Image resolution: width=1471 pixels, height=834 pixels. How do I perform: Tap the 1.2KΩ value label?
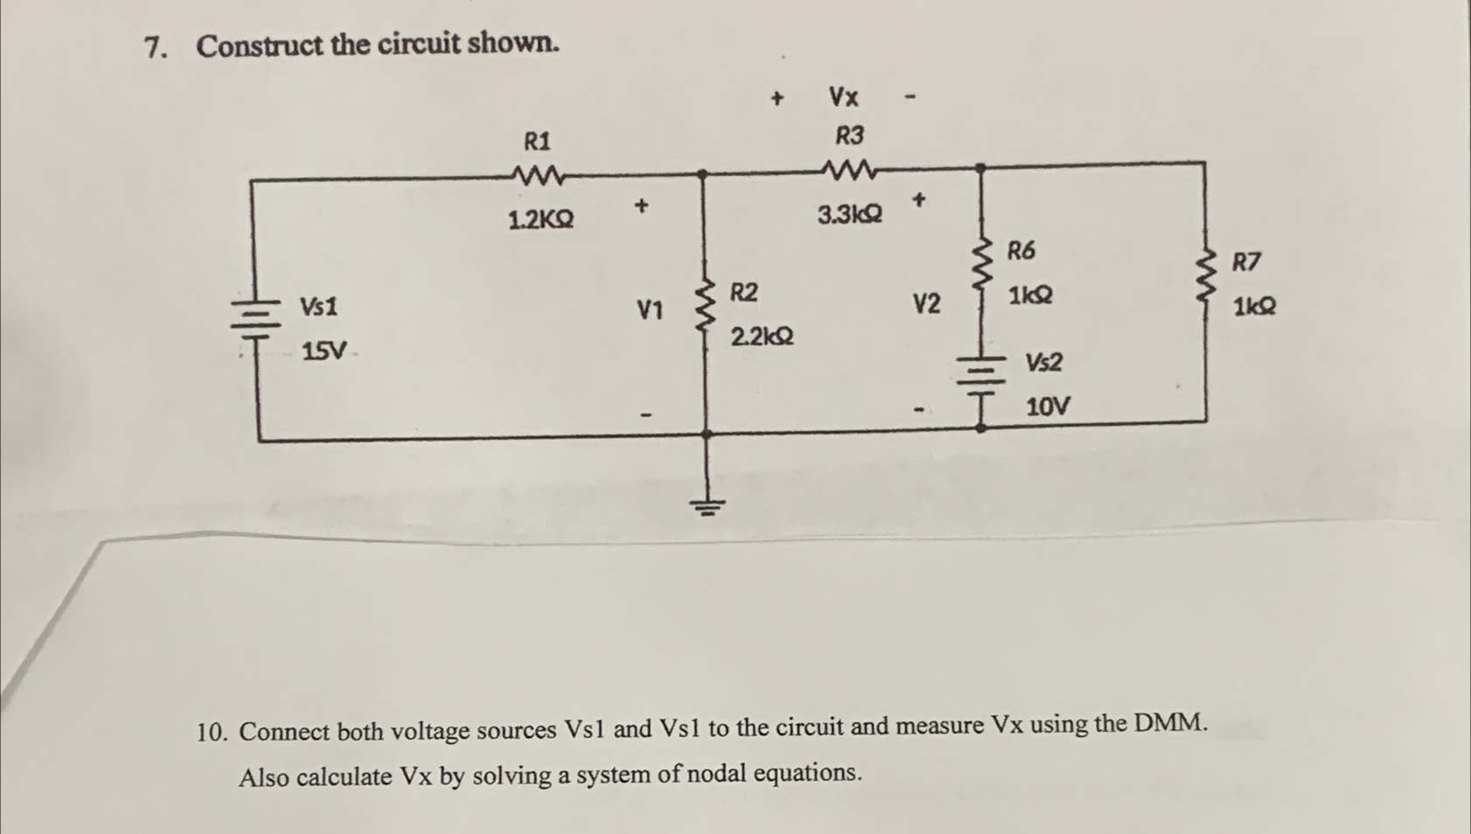coord(541,219)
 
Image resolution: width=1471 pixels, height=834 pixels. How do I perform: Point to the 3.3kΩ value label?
coord(850,214)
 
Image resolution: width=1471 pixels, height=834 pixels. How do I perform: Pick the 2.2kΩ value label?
coord(762,336)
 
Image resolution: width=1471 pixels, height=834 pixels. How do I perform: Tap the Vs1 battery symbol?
coord(255,318)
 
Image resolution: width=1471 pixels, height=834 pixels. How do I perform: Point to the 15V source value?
coord(324,351)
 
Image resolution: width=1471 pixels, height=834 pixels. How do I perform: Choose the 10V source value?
coord(1047,407)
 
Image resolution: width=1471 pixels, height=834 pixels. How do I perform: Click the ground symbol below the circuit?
coord(708,505)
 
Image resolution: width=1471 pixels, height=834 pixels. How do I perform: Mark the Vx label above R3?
coord(844,96)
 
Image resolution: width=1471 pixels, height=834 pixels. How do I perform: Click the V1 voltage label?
coord(650,309)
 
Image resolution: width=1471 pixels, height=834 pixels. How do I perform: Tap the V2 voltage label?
coord(927,304)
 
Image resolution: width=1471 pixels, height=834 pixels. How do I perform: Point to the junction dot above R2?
coord(702,174)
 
